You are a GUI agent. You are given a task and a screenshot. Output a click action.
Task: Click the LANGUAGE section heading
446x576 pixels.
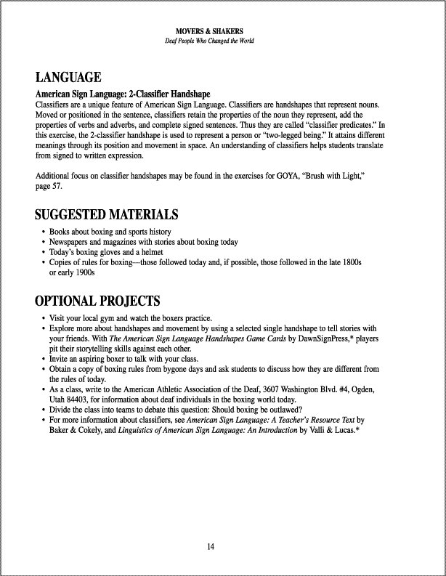click(x=68, y=78)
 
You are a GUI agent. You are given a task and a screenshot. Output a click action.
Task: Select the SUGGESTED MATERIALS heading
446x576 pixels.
click(x=106, y=214)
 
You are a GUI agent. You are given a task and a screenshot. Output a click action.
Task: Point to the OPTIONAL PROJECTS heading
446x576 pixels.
click(x=97, y=301)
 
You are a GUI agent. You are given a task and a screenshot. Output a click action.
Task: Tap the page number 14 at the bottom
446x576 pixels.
click(x=209, y=545)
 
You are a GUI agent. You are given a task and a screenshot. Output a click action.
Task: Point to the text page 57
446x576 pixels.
click(x=49, y=187)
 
